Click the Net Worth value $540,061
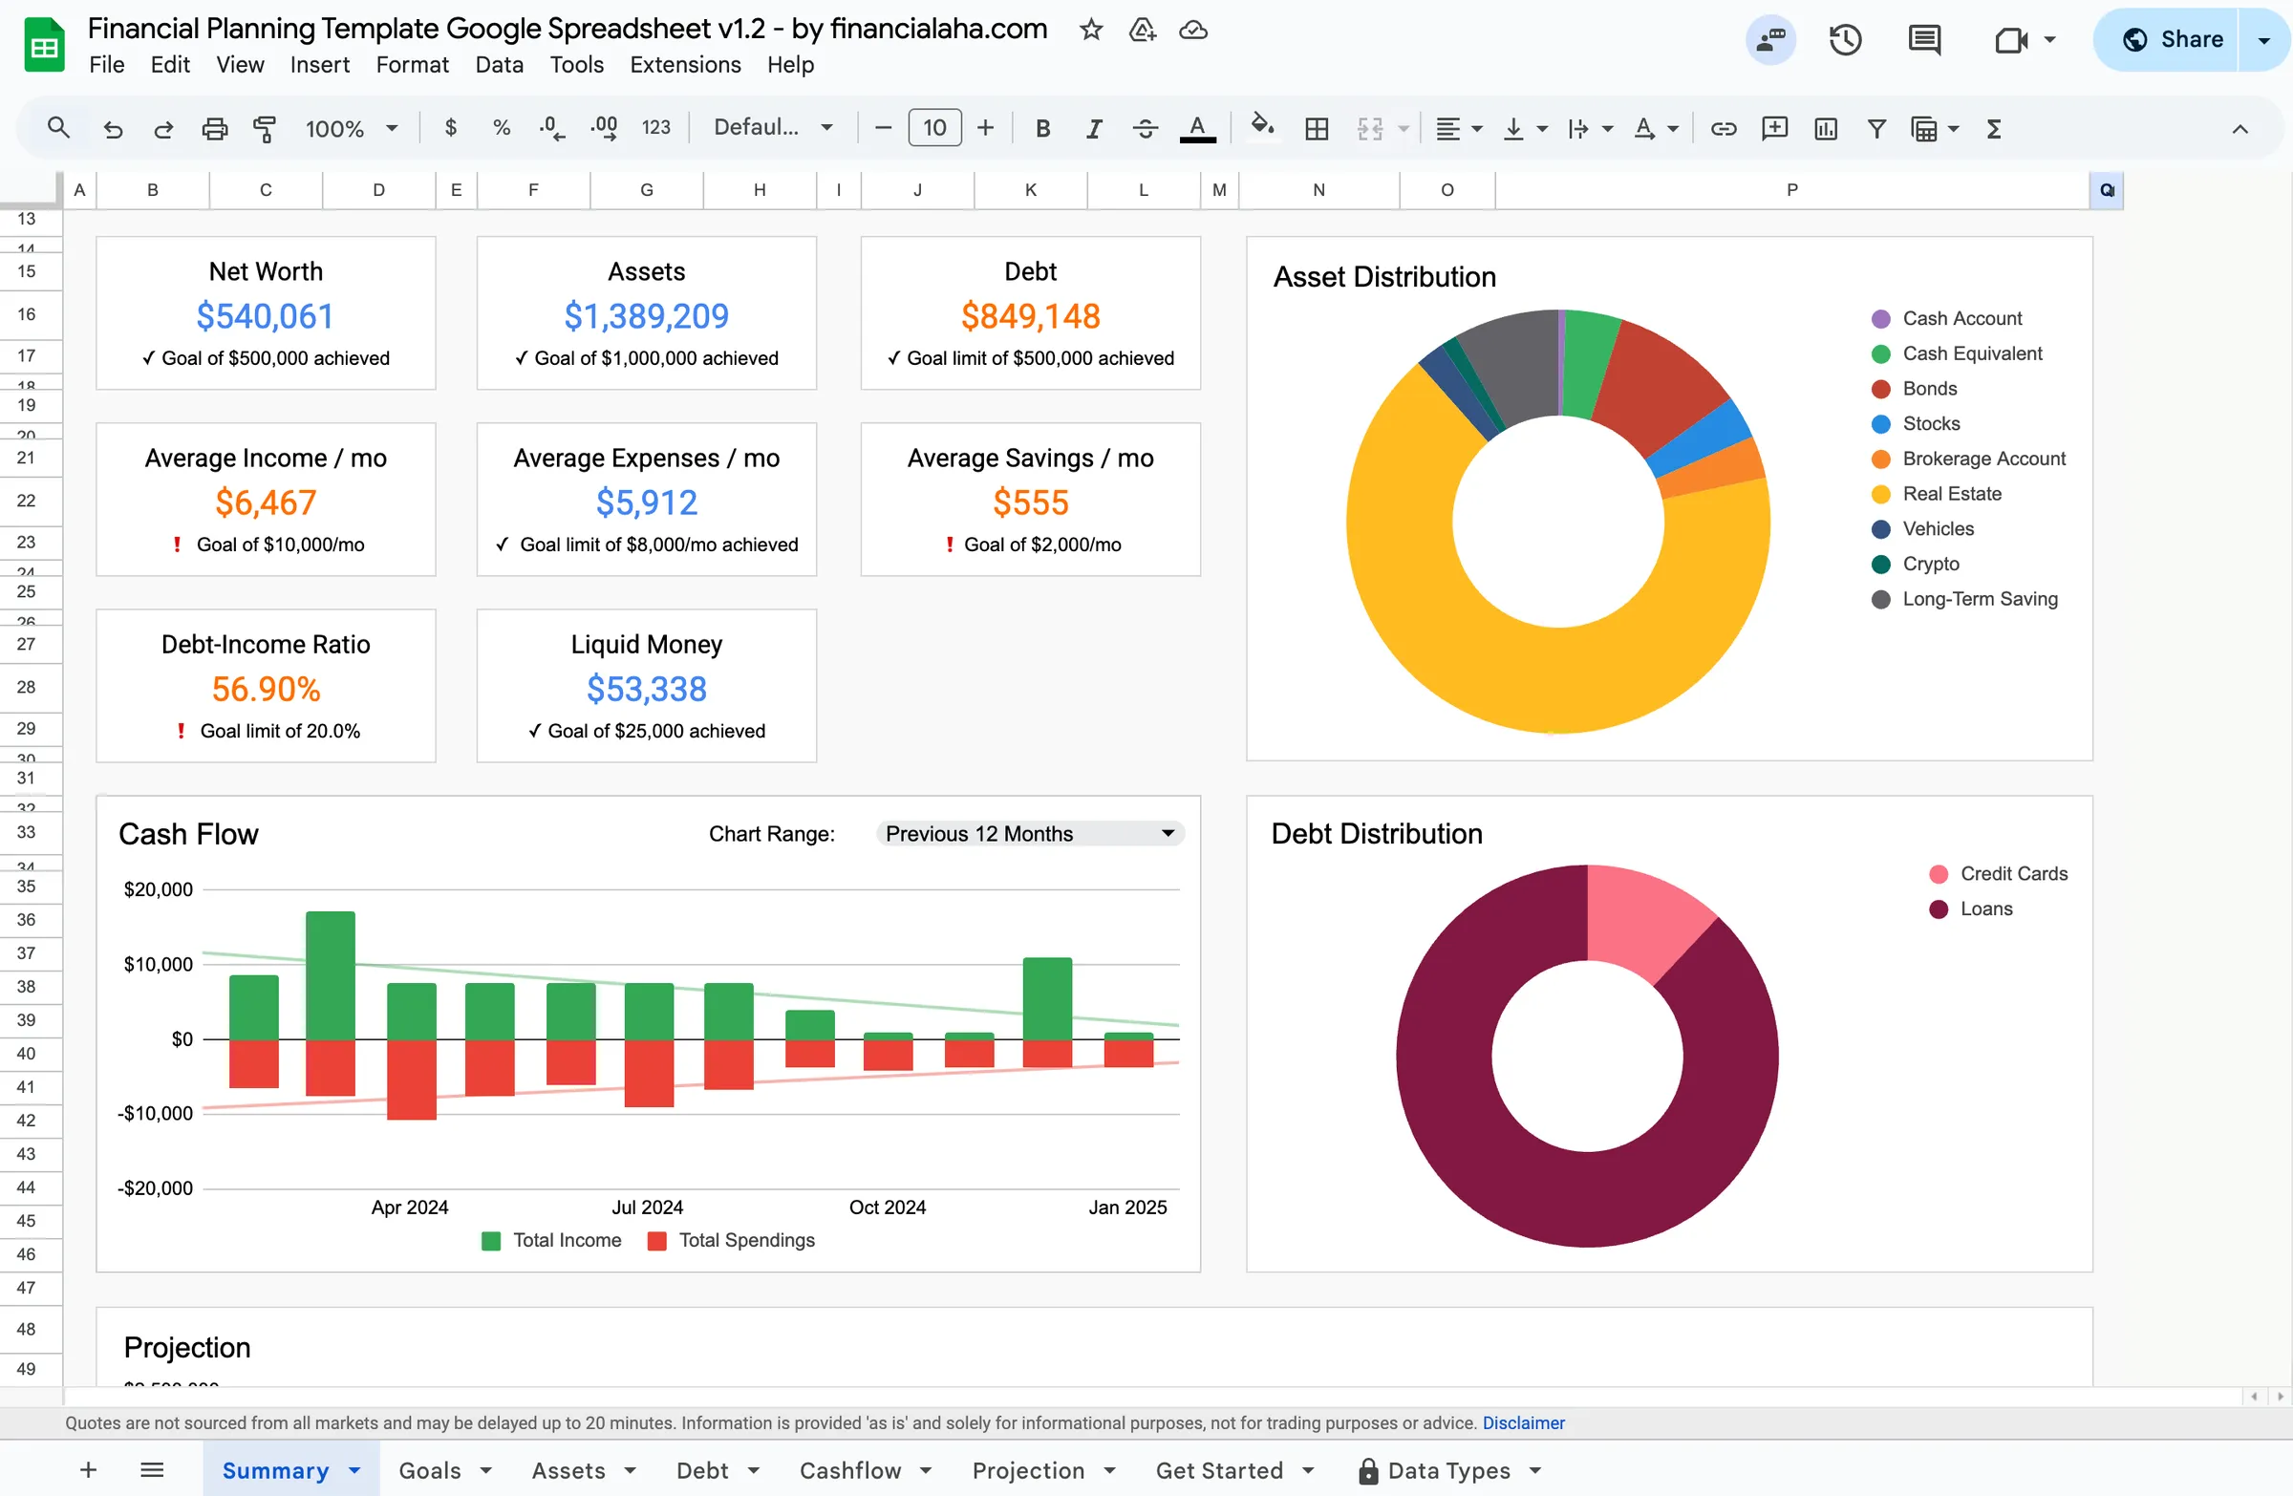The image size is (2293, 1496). point(265,316)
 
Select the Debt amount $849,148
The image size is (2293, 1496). point(1030,316)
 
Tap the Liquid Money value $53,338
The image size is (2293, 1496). point(647,689)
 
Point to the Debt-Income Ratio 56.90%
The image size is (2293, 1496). point(266,689)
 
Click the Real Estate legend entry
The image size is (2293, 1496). point(1951,494)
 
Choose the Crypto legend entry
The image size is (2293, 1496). point(1930,565)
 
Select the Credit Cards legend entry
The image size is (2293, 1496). point(2013,874)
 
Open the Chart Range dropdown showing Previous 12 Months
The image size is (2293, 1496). point(1030,834)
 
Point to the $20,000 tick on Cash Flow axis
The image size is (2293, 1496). point(158,890)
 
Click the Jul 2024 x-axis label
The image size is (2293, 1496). point(648,1207)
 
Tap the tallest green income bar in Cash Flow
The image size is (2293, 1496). point(331,972)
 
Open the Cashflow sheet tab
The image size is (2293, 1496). point(849,1471)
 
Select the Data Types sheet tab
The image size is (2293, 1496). point(1448,1471)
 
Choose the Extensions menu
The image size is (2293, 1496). point(685,65)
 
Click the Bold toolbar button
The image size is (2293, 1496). point(1042,128)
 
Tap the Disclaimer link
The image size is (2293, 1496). point(1523,1422)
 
